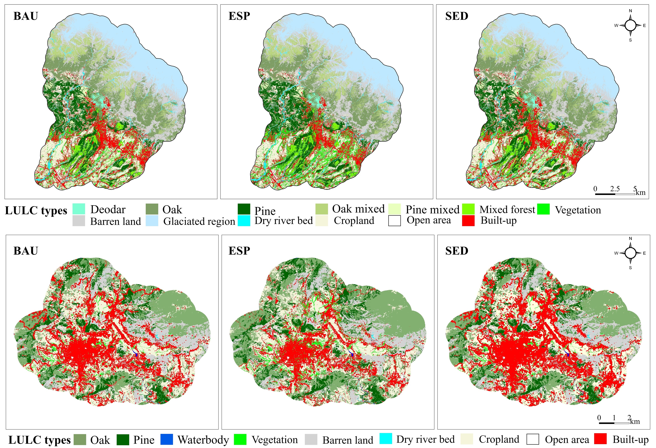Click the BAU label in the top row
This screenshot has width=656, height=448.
[x=26, y=16]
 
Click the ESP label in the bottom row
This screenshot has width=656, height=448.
[x=239, y=251]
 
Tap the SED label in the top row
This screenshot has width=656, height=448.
[x=456, y=16]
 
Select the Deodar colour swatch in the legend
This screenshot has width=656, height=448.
[x=79, y=209]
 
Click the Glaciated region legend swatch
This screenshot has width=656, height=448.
[x=152, y=221]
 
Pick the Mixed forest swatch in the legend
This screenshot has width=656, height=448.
[x=468, y=209]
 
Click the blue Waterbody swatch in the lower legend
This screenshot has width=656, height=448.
[x=167, y=439]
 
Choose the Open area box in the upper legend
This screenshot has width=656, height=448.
[x=394, y=221]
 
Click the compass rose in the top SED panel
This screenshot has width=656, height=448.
[x=630, y=25]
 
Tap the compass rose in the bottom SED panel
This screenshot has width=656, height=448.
[x=630, y=253]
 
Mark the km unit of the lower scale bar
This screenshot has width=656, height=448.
[x=635, y=421]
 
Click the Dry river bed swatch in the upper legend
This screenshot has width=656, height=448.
[x=244, y=221]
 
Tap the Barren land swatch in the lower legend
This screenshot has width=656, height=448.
[x=311, y=439]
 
